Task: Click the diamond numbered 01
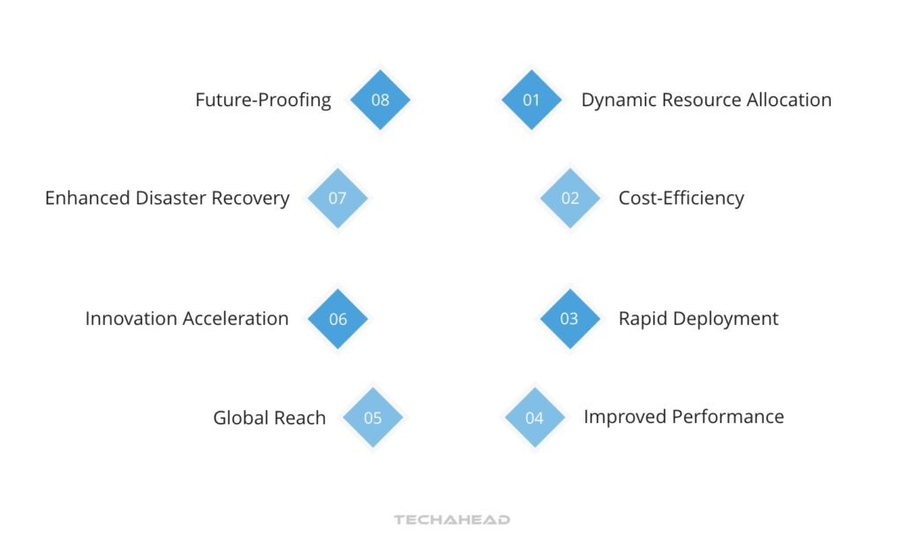[x=531, y=100]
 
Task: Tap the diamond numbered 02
[x=570, y=198]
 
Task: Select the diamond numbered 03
[x=569, y=319]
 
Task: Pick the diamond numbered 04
[x=535, y=418]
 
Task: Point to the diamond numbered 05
[x=373, y=418]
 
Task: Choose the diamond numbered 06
[x=338, y=319]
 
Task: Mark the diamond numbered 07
[x=337, y=198]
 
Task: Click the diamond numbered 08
[x=380, y=100]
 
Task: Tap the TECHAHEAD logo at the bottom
[x=452, y=519]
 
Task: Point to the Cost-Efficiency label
[x=681, y=198]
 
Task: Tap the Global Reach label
[x=269, y=418]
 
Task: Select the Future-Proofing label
[x=263, y=100]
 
